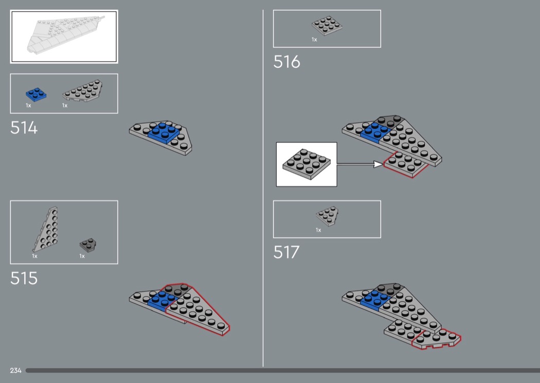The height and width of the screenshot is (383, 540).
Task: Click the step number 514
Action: coord(24,128)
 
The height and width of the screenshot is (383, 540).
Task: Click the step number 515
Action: coord(24,278)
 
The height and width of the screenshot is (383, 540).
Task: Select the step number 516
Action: coord(286,62)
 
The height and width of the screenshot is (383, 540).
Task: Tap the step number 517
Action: coord(286,253)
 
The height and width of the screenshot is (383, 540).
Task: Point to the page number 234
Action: coord(15,370)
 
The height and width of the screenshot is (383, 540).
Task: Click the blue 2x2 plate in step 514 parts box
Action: coord(36,94)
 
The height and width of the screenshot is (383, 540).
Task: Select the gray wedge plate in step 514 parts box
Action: coord(83,91)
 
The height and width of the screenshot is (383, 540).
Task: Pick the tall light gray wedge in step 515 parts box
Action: coord(45,229)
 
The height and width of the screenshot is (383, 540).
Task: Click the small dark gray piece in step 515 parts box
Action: coord(88,245)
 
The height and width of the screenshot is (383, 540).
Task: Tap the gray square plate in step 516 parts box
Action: coord(327,26)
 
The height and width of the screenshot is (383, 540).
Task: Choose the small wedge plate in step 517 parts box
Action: coord(327,216)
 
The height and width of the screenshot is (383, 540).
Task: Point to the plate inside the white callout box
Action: coord(307,164)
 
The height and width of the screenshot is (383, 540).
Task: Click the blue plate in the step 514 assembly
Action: coord(165,132)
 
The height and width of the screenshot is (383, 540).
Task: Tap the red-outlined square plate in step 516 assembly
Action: coord(406,164)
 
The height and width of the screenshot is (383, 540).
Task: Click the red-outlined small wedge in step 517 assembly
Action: coord(437,339)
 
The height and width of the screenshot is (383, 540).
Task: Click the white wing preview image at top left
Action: coord(64,37)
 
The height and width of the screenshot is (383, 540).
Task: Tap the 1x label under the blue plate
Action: coord(29,106)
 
